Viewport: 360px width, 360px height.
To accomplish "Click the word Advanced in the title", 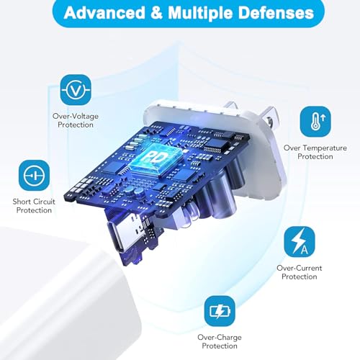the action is pos(104,12).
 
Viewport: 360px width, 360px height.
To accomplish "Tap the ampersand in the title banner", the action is pos(157,13).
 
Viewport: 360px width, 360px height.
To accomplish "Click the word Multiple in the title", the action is pos(200,14).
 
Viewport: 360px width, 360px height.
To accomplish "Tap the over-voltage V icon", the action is pos(76,90).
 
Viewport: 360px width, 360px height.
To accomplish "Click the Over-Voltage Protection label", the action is pos(76,120).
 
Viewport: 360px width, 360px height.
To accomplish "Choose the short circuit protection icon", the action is pos(34,176).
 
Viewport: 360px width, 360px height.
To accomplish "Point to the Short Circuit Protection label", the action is pos(34,206).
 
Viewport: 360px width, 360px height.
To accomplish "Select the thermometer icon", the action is pos(315,122).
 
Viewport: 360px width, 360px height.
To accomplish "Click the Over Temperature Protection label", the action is pos(315,152).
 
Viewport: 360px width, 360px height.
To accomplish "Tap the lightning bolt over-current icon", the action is pos(300,242).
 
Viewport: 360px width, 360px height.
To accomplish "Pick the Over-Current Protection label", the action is pos(300,272).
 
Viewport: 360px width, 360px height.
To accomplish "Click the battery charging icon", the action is pos(220,311).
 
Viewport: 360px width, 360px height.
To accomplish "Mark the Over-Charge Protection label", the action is pos(220,341).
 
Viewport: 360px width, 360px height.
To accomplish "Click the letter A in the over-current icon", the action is pos(305,249).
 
